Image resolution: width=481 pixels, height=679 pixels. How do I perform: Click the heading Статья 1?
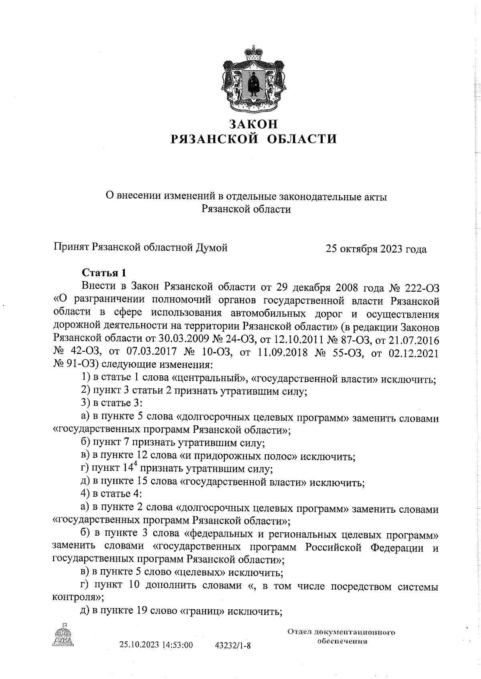tap(104, 273)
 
